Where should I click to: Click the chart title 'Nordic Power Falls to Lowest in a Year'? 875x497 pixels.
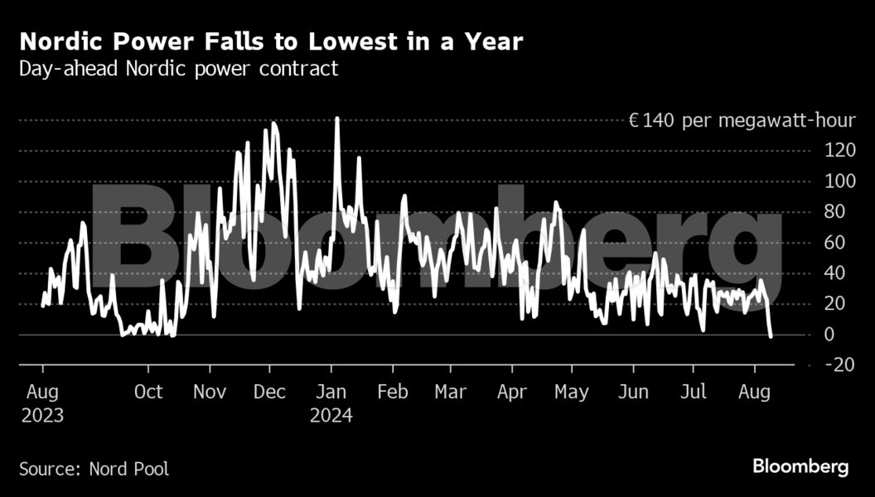click(271, 42)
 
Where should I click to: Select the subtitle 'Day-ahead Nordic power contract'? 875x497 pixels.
click(179, 69)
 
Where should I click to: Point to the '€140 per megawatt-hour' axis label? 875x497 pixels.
click(742, 121)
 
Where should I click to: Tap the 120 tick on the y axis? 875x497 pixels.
click(833, 151)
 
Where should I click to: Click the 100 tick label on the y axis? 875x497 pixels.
click(833, 181)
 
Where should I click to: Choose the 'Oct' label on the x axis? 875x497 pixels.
click(148, 392)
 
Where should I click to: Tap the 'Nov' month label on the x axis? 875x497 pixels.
click(210, 392)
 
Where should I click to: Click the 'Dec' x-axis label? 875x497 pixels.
click(269, 392)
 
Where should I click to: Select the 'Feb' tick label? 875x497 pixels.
click(392, 392)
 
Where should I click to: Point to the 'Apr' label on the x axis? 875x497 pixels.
click(513, 392)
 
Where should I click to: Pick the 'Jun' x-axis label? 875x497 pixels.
click(633, 392)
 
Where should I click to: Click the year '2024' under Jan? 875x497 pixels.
click(331, 416)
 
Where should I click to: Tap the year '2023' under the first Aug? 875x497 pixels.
click(41, 416)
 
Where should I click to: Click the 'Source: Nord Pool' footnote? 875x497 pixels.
click(94, 469)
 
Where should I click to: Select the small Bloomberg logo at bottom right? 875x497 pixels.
click(800, 467)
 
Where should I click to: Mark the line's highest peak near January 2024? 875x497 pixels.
click(337, 118)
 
